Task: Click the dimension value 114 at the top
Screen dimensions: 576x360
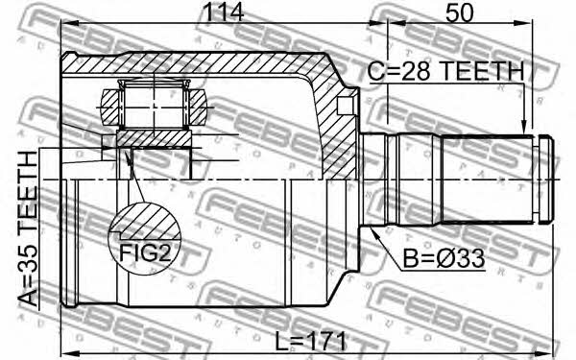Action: click(x=224, y=12)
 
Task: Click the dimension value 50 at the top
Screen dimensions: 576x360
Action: click(x=459, y=12)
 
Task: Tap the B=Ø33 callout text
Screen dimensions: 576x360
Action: click(x=444, y=259)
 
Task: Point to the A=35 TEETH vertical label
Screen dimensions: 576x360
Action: click(x=28, y=228)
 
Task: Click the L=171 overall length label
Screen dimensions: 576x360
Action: click(x=311, y=341)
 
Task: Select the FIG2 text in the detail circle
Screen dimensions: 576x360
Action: click(x=146, y=252)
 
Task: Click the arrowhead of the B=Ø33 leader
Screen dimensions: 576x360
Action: click(x=374, y=232)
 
